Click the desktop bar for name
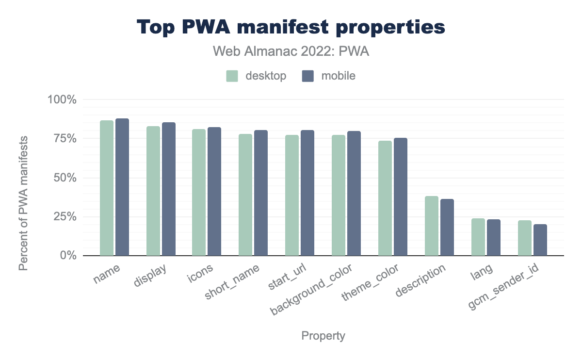107,188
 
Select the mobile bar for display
169,189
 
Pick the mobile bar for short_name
261,193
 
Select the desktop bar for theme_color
385,198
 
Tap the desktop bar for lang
478,237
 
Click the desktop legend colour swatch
232,76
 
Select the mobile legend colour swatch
307,76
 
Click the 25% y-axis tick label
66,216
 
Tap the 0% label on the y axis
69,256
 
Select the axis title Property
323,336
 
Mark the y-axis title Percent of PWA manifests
23,202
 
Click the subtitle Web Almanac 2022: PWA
291,52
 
